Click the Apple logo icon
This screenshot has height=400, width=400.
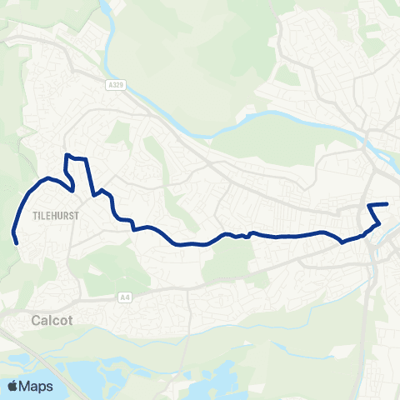click(13, 386)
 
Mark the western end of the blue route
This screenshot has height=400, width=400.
click(17, 242)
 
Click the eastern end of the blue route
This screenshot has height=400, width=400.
click(387, 204)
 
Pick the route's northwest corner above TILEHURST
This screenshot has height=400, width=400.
click(67, 156)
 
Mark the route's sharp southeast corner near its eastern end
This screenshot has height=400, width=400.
click(380, 222)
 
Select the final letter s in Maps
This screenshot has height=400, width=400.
click(49, 387)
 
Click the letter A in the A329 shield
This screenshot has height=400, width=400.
click(109, 84)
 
